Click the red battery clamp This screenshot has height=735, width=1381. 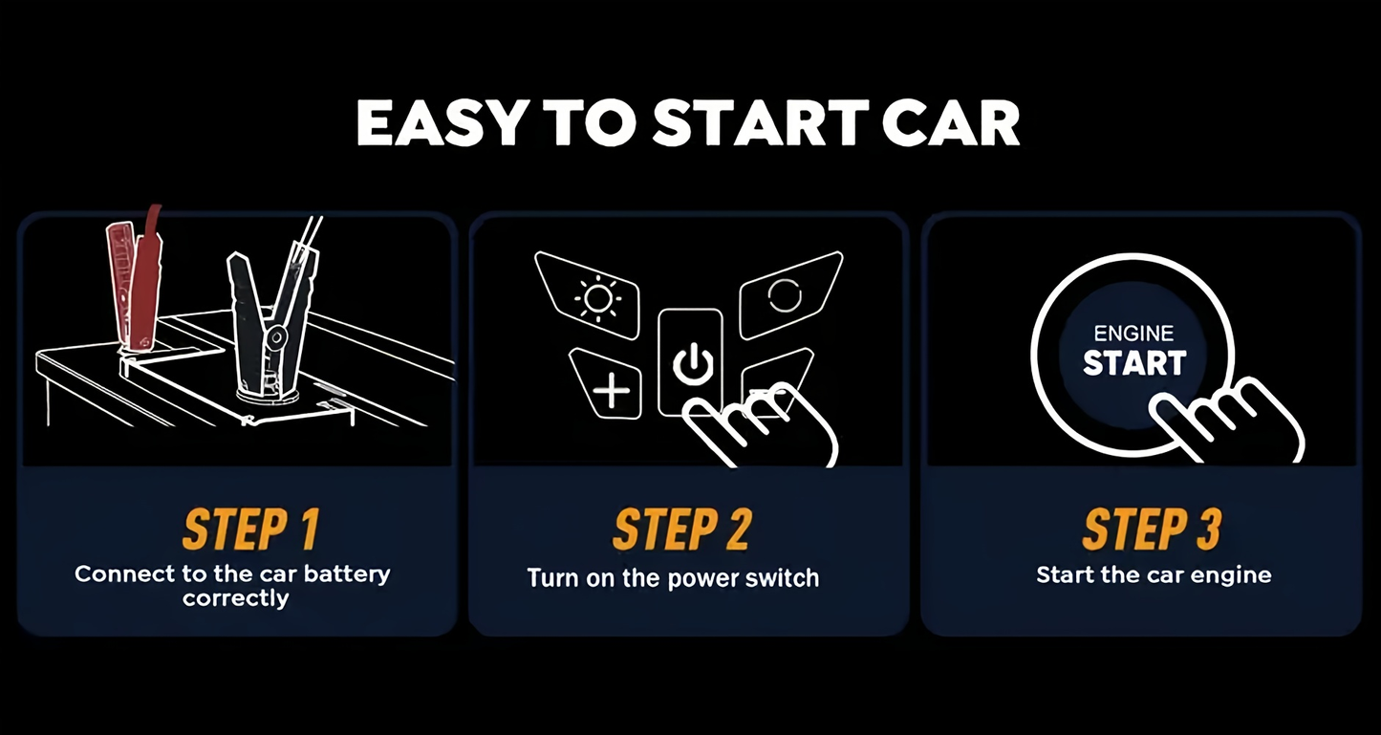(x=135, y=277)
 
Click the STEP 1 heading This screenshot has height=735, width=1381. (x=251, y=530)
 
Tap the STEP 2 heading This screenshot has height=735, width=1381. (x=682, y=530)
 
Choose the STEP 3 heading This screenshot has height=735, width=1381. (x=1153, y=530)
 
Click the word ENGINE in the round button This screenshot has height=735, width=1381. (x=1133, y=334)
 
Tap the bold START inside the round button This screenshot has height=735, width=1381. (x=1134, y=362)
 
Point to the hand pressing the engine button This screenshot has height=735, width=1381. (x=1227, y=422)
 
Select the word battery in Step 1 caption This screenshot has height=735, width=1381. (x=347, y=574)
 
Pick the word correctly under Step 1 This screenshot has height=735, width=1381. (x=235, y=599)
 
